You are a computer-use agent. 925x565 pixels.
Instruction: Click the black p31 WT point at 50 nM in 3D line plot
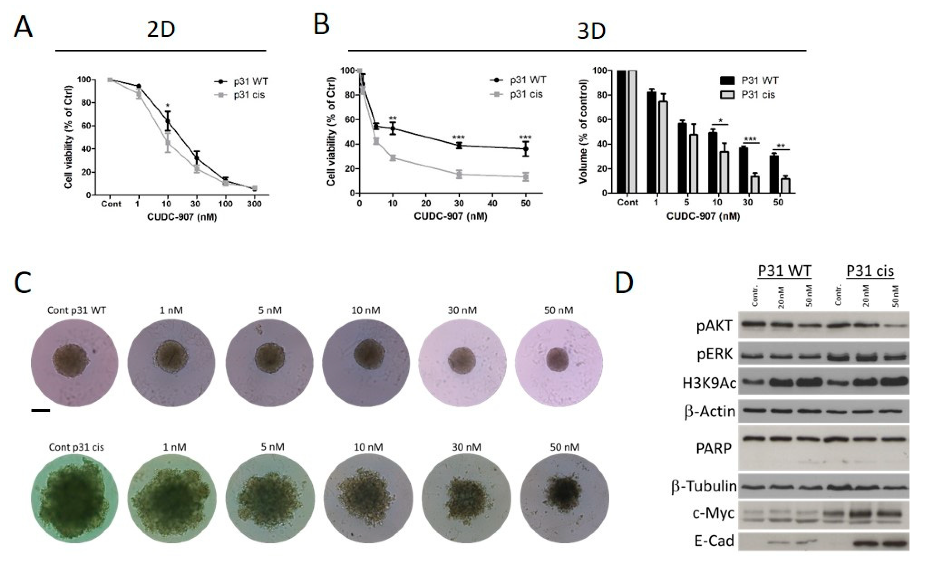(526, 149)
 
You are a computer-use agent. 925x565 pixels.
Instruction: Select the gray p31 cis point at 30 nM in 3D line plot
(459, 174)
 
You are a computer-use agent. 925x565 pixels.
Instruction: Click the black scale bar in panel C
(40, 410)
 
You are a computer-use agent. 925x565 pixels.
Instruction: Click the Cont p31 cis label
(76, 447)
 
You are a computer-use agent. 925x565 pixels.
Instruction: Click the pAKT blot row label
(714, 326)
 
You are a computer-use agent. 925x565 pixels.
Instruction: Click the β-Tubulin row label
(704, 487)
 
